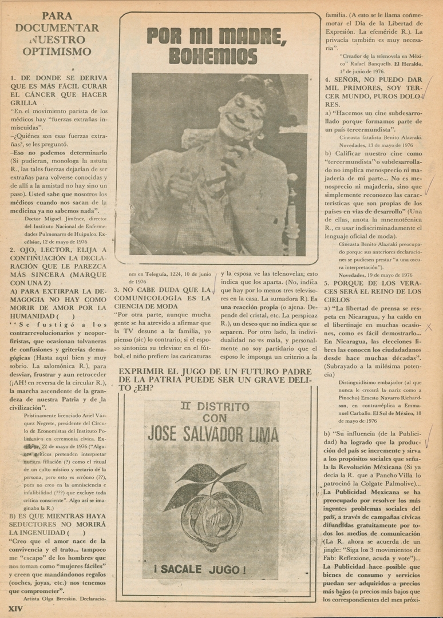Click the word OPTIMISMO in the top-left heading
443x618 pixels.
(57, 51)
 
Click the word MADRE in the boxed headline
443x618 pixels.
(254, 35)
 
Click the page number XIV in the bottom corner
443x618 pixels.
(14, 609)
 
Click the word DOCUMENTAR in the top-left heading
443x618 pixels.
(57, 27)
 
